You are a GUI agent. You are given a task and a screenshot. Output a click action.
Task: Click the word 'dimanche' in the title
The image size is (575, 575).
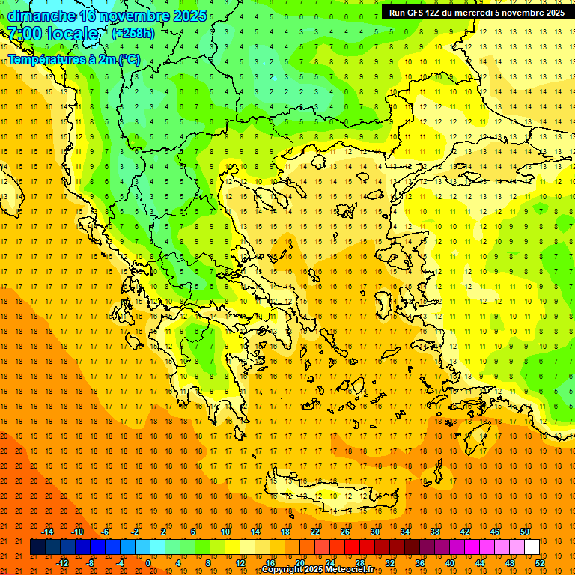click(x=40, y=16)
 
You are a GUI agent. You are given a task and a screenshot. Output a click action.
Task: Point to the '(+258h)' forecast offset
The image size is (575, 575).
click(x=133, y=34)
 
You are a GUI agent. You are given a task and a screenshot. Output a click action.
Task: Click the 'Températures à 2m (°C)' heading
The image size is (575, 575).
click(x=73, y=59)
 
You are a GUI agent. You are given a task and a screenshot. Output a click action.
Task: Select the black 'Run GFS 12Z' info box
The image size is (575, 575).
click(x=476, y=12)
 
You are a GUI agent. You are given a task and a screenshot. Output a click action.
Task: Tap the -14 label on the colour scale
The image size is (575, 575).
click(x=47, y=532)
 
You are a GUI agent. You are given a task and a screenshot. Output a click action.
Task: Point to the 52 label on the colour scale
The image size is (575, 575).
click(x=540, y=563)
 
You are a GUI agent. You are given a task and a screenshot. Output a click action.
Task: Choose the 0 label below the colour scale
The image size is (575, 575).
click(x=147, y=563)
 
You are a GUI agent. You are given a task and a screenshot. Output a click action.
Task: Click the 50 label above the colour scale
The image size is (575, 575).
click(x=524, y=532)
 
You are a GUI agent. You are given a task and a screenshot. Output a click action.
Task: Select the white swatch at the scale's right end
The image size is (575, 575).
click(x=532, y=547)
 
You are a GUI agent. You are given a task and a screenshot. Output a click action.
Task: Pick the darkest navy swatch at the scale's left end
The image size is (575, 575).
click(x=37, y=547)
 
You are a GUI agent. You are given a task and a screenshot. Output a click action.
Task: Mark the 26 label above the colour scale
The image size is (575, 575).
click(x=345, y=532)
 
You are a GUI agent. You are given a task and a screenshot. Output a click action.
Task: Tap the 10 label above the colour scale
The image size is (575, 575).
click(x=225, y=532)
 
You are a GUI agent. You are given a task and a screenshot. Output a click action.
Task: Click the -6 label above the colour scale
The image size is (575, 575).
click(x=106, y=532)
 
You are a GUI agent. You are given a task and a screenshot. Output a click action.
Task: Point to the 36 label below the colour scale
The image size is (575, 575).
click(x=420, y=563)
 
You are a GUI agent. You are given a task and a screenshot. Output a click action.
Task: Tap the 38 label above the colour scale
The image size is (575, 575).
click(x=435, y=532)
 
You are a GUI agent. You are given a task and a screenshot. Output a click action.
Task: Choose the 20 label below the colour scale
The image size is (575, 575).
click(x=300, y=563)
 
